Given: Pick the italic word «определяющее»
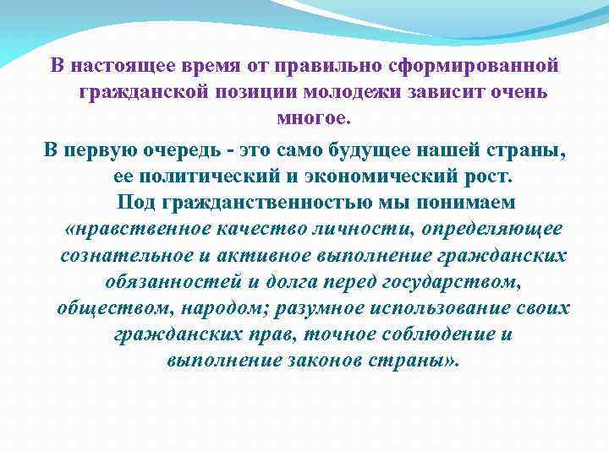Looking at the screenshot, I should click(498, 229).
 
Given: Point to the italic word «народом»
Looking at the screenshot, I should click(220, 307).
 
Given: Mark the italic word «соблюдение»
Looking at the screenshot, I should click(434, 334).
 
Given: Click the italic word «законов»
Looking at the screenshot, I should click(326, 360).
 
